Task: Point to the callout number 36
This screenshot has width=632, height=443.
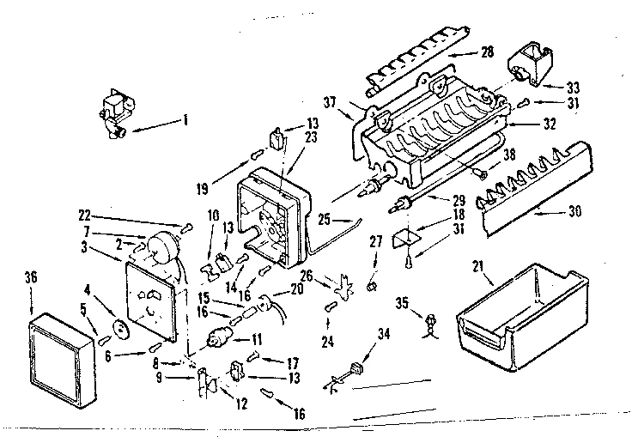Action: [32, 279]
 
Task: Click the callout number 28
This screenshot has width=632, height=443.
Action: [487, 53]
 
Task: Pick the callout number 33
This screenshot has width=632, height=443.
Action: [573, 87]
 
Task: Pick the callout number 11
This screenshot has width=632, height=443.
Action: [256, 327]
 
